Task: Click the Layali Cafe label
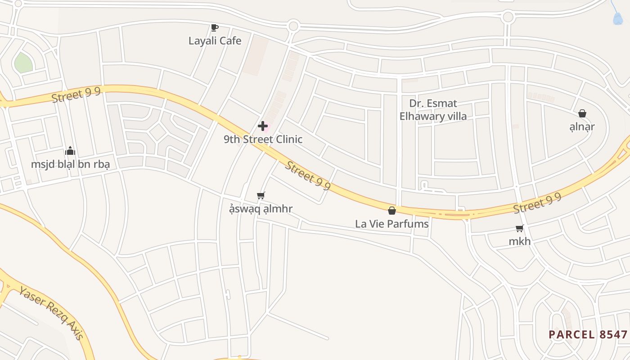coord(215,41)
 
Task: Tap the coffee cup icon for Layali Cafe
coord(215,28)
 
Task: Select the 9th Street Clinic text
coord(263,139)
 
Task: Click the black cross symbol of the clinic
coord(263,126)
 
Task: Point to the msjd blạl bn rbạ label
coord(70,164)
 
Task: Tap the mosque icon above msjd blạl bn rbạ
coord(70,151)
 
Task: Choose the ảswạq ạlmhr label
coord(261,209)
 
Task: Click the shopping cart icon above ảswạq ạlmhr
coord(261,195)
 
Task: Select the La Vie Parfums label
coord(392,224)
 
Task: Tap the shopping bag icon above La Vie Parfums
coord(392,210)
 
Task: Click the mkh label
coord(520,242)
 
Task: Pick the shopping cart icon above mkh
coord(520,228)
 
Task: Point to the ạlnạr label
coord(582,127)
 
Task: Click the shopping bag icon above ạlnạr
coord(582,113)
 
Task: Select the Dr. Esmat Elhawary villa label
coord(433,110)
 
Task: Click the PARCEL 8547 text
coord(588,335)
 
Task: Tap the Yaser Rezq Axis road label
coord(51,312)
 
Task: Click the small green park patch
coord(23,63)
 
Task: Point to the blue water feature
coord(618,18)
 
